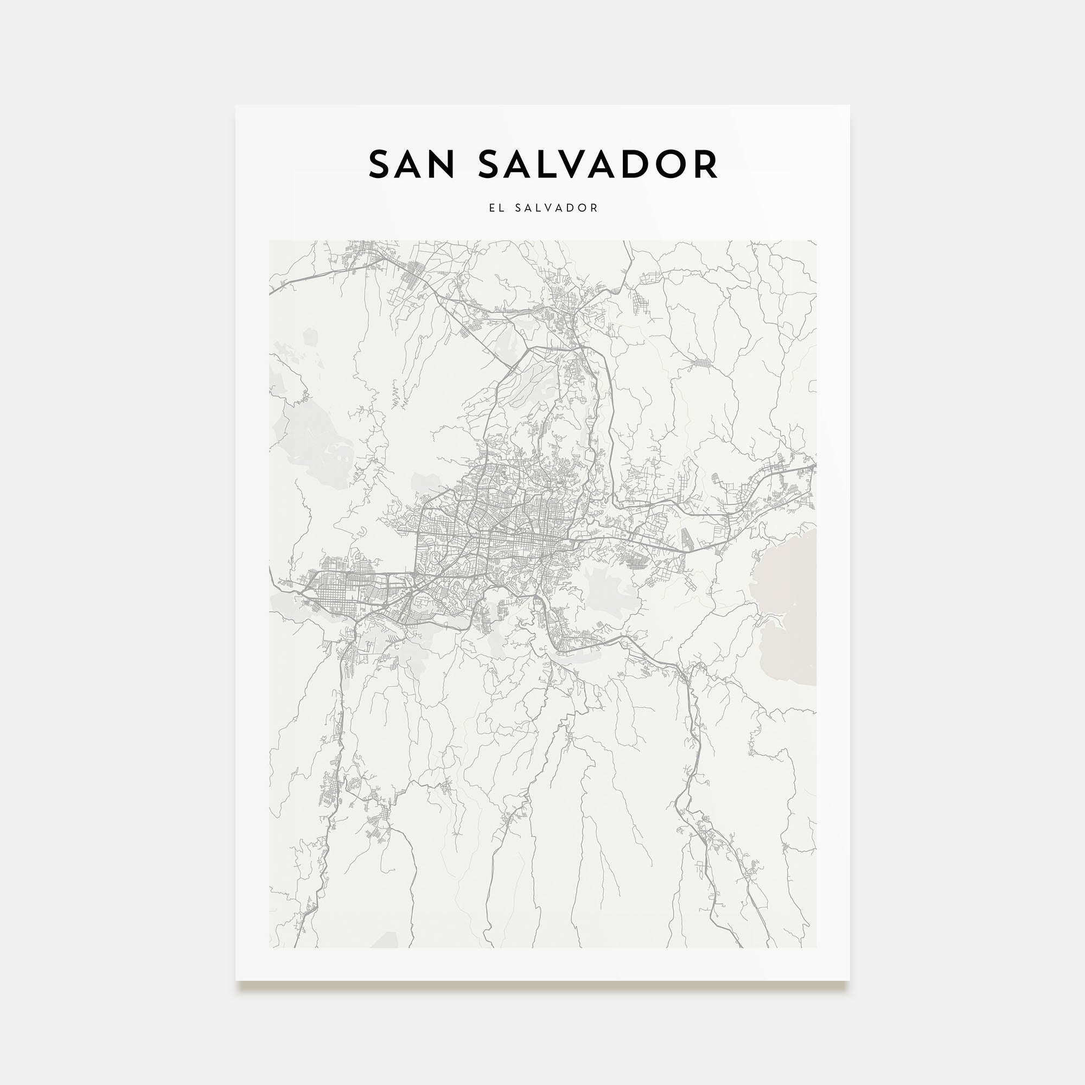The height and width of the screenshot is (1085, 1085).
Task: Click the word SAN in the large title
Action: tap(411, 164)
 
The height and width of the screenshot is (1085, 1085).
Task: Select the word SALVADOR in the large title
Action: tap(597, 164)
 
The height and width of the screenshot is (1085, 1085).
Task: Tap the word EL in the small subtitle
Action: tap(494, 208)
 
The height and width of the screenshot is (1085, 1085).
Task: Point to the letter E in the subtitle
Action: tap(492, 208)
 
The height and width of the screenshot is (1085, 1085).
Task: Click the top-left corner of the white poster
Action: tap(236, 106)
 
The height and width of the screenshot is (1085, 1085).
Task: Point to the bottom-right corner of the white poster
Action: tap(849, 980)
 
